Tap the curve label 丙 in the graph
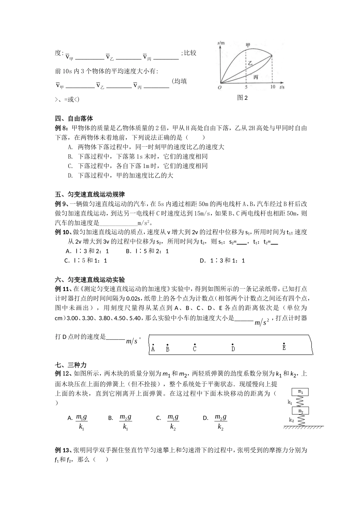click(256, 77)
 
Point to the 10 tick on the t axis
click(272, 87)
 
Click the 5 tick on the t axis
click(246, 87)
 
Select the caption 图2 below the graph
click(242, 98)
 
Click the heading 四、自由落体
click(74, 118)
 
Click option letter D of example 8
click(70, 175)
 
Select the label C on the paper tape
click(195, 349)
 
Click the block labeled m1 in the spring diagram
click(300, 392)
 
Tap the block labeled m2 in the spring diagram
click(300, 411)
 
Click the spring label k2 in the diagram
click(291, 420)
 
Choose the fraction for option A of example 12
click(82, 422)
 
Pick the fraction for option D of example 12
click(221, 422)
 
